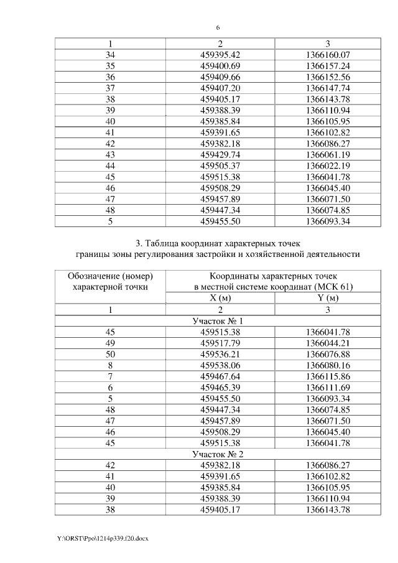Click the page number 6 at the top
coord(218,28)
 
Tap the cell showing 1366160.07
coord(329,55)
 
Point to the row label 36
coord(111,77)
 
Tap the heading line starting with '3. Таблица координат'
coord(218,243)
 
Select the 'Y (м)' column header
coord(329,298)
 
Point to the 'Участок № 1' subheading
coord(218,320)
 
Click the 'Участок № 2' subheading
coord(218,454)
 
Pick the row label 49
coord(111,343)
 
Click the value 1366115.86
coord(329,376)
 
